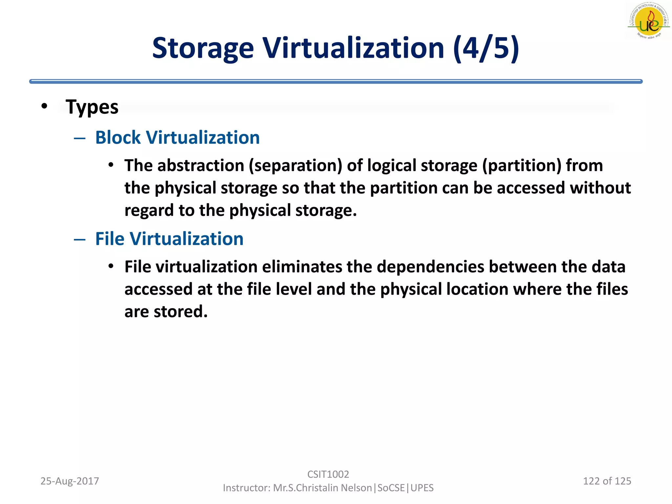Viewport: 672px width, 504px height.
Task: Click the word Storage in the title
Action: point(203,48)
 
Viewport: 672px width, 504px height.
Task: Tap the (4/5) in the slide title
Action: point(486,48)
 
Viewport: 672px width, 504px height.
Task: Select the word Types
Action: point(92,107)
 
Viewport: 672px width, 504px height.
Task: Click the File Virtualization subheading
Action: point(169,239)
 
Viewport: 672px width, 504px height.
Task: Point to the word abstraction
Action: point(201,165)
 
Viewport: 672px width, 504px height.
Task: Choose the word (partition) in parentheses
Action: point(522,165)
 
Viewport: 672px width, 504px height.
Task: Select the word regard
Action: point(149,211)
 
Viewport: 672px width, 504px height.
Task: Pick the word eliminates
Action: point(302,266)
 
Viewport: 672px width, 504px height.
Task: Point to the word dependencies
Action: point(430,266)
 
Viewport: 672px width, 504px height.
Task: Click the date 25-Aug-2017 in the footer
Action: point(70,481)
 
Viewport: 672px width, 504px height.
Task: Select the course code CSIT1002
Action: point(328,474)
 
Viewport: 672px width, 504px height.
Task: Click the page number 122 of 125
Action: point(607,481)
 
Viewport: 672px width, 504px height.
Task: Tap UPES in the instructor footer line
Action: point(422,488)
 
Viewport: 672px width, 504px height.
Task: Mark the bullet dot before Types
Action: point(45,106)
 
